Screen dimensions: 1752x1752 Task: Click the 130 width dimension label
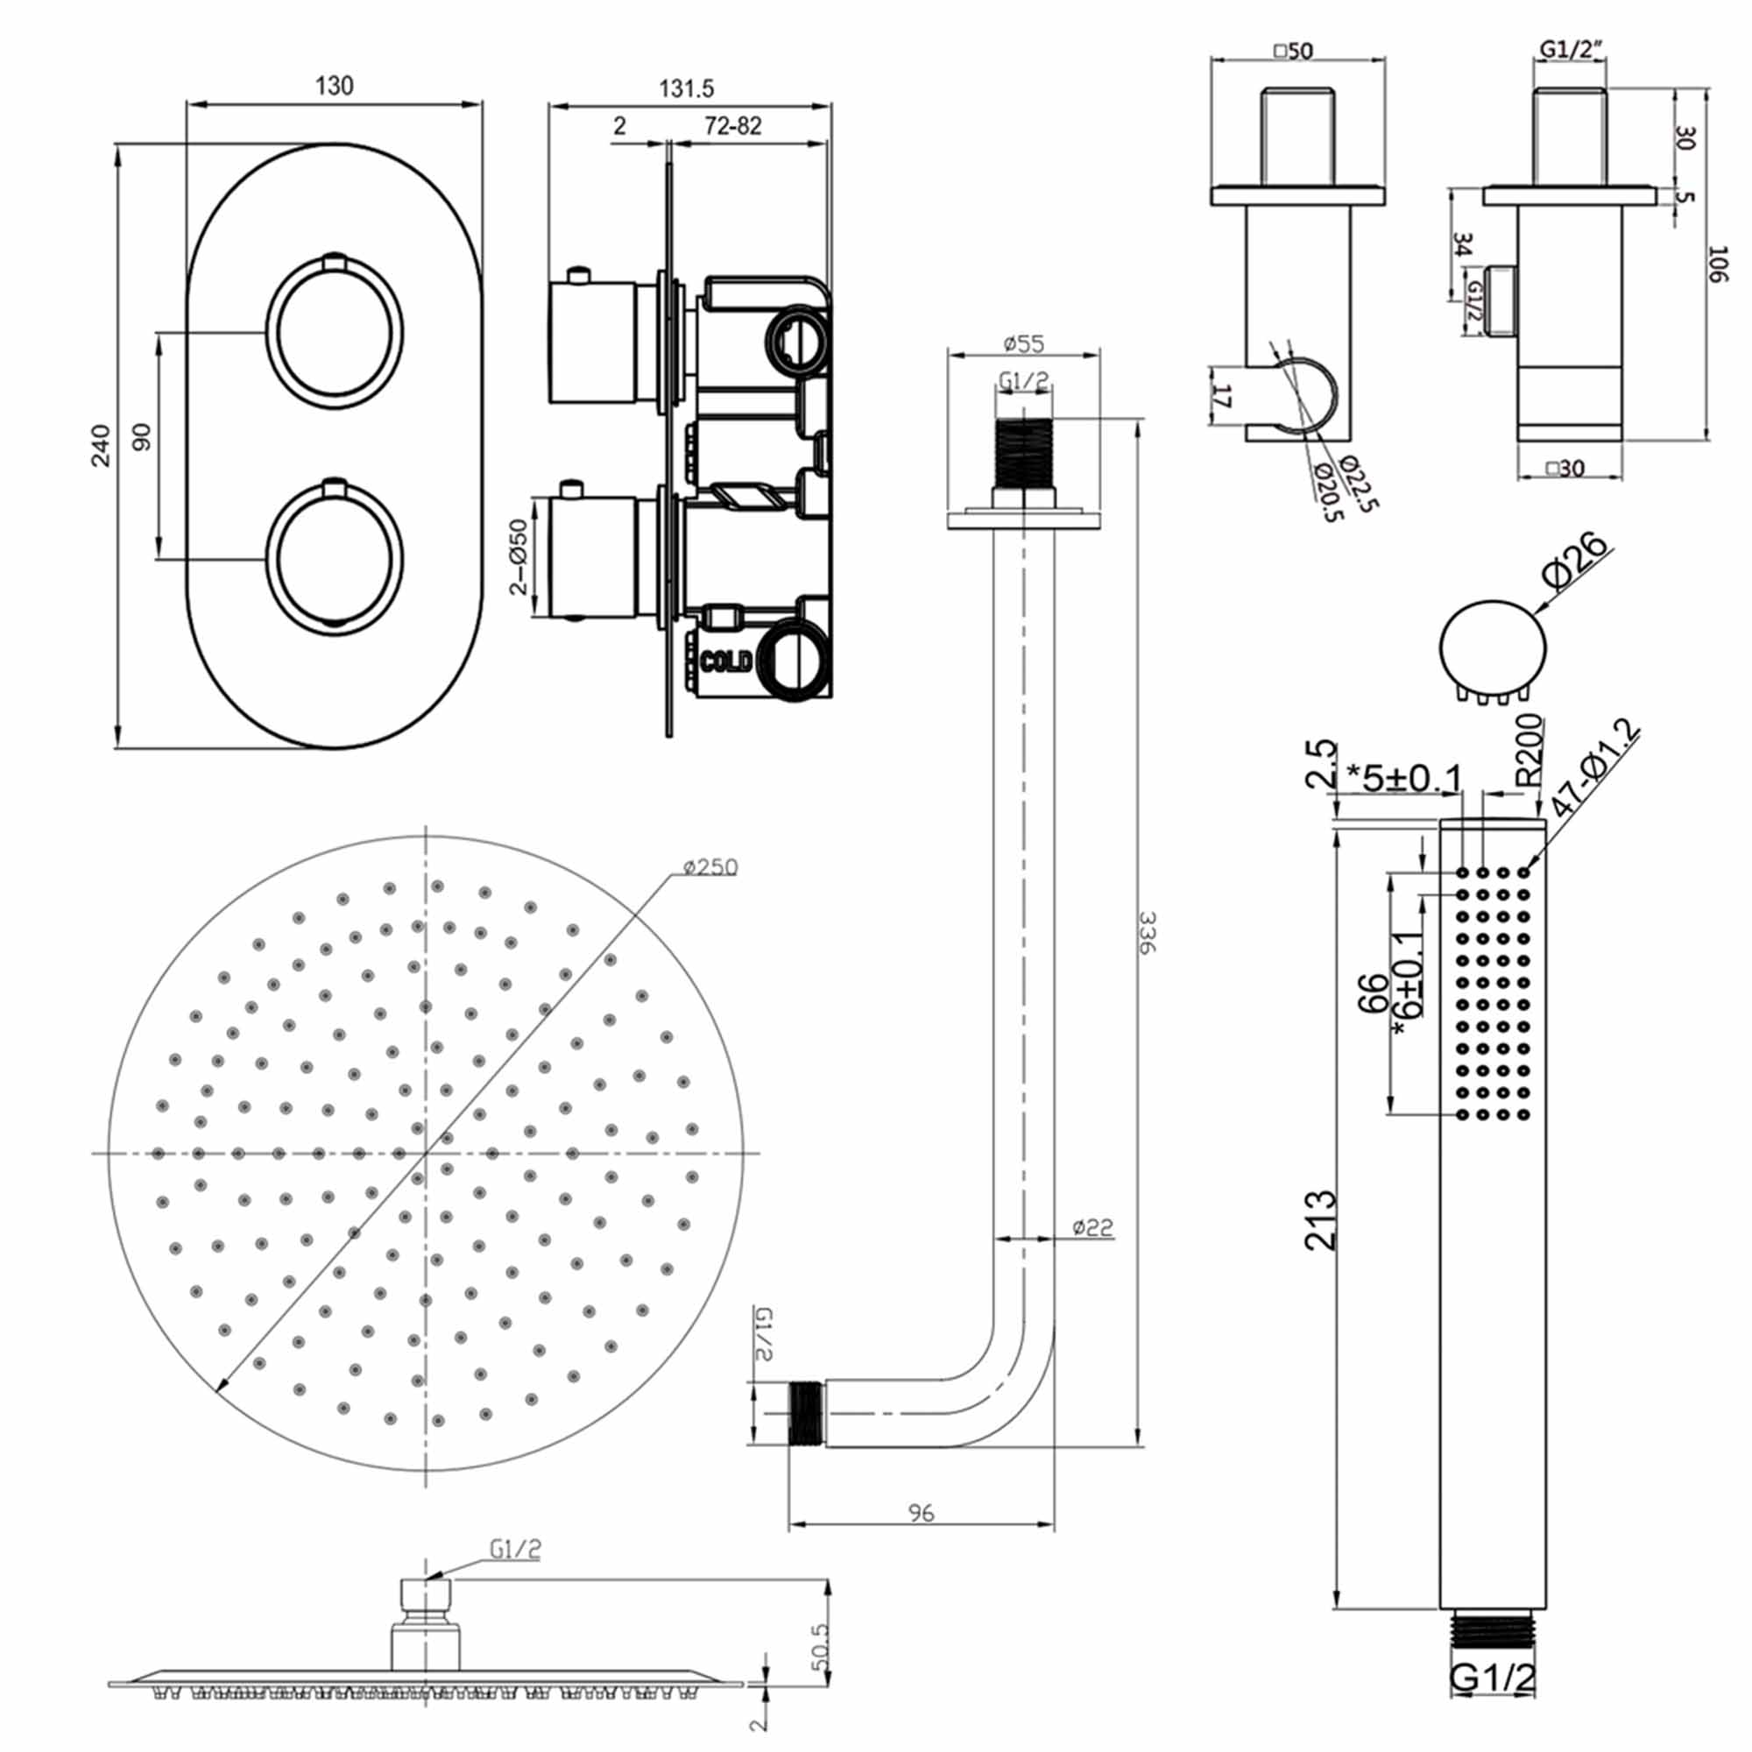(334, 86)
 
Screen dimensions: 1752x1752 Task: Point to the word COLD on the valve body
(726, 661)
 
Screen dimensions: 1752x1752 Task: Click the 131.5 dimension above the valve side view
(687, 88)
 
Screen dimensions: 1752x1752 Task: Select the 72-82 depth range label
(732, 126)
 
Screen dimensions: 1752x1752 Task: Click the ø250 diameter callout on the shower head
(710, 867)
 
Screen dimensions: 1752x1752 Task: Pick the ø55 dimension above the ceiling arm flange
(1024, 343)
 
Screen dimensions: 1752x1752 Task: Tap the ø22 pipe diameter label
(1091, 1228)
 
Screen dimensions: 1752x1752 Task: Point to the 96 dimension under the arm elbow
(921, 1513)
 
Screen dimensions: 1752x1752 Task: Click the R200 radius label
(1529, 749)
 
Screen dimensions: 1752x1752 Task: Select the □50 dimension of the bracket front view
(1293, 52)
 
